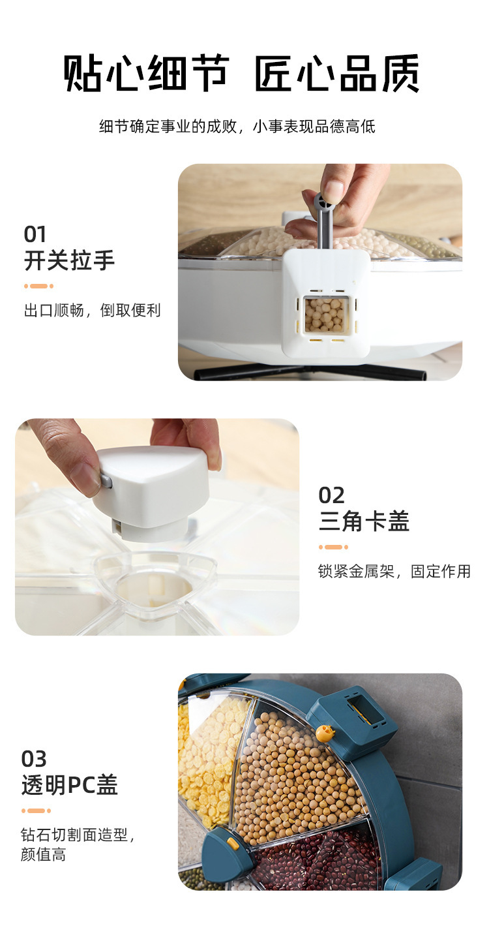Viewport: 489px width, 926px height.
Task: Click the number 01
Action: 35,234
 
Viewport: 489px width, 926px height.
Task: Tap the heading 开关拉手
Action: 69,260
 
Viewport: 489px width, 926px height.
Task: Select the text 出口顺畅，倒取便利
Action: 92,310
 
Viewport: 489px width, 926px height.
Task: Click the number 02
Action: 331,495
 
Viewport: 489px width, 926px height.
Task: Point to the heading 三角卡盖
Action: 364,521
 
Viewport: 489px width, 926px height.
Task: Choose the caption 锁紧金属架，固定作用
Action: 394,571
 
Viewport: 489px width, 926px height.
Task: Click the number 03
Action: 34,758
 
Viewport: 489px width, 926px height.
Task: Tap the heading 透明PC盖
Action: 69,785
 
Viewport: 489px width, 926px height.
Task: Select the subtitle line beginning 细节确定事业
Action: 237,126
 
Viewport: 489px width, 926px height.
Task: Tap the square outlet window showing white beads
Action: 325,315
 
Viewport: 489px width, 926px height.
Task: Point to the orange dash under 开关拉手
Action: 39,286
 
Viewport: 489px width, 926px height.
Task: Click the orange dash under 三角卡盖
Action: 333,547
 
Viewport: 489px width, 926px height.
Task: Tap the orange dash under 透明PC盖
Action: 37,810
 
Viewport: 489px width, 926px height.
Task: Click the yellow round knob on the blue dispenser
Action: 324,732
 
